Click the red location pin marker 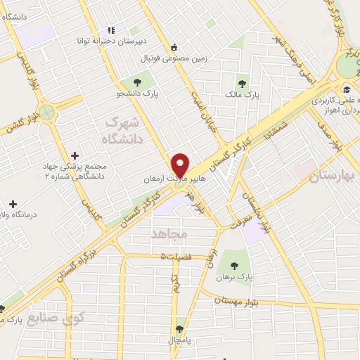[x=180, y=165]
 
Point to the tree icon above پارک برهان [x=235, y=264]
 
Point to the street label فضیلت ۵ [x=175, y=257]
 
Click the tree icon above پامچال [x=180, y=328]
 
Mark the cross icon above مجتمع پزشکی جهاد [x=75, y=155]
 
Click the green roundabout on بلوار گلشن [x=48, y=111]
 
